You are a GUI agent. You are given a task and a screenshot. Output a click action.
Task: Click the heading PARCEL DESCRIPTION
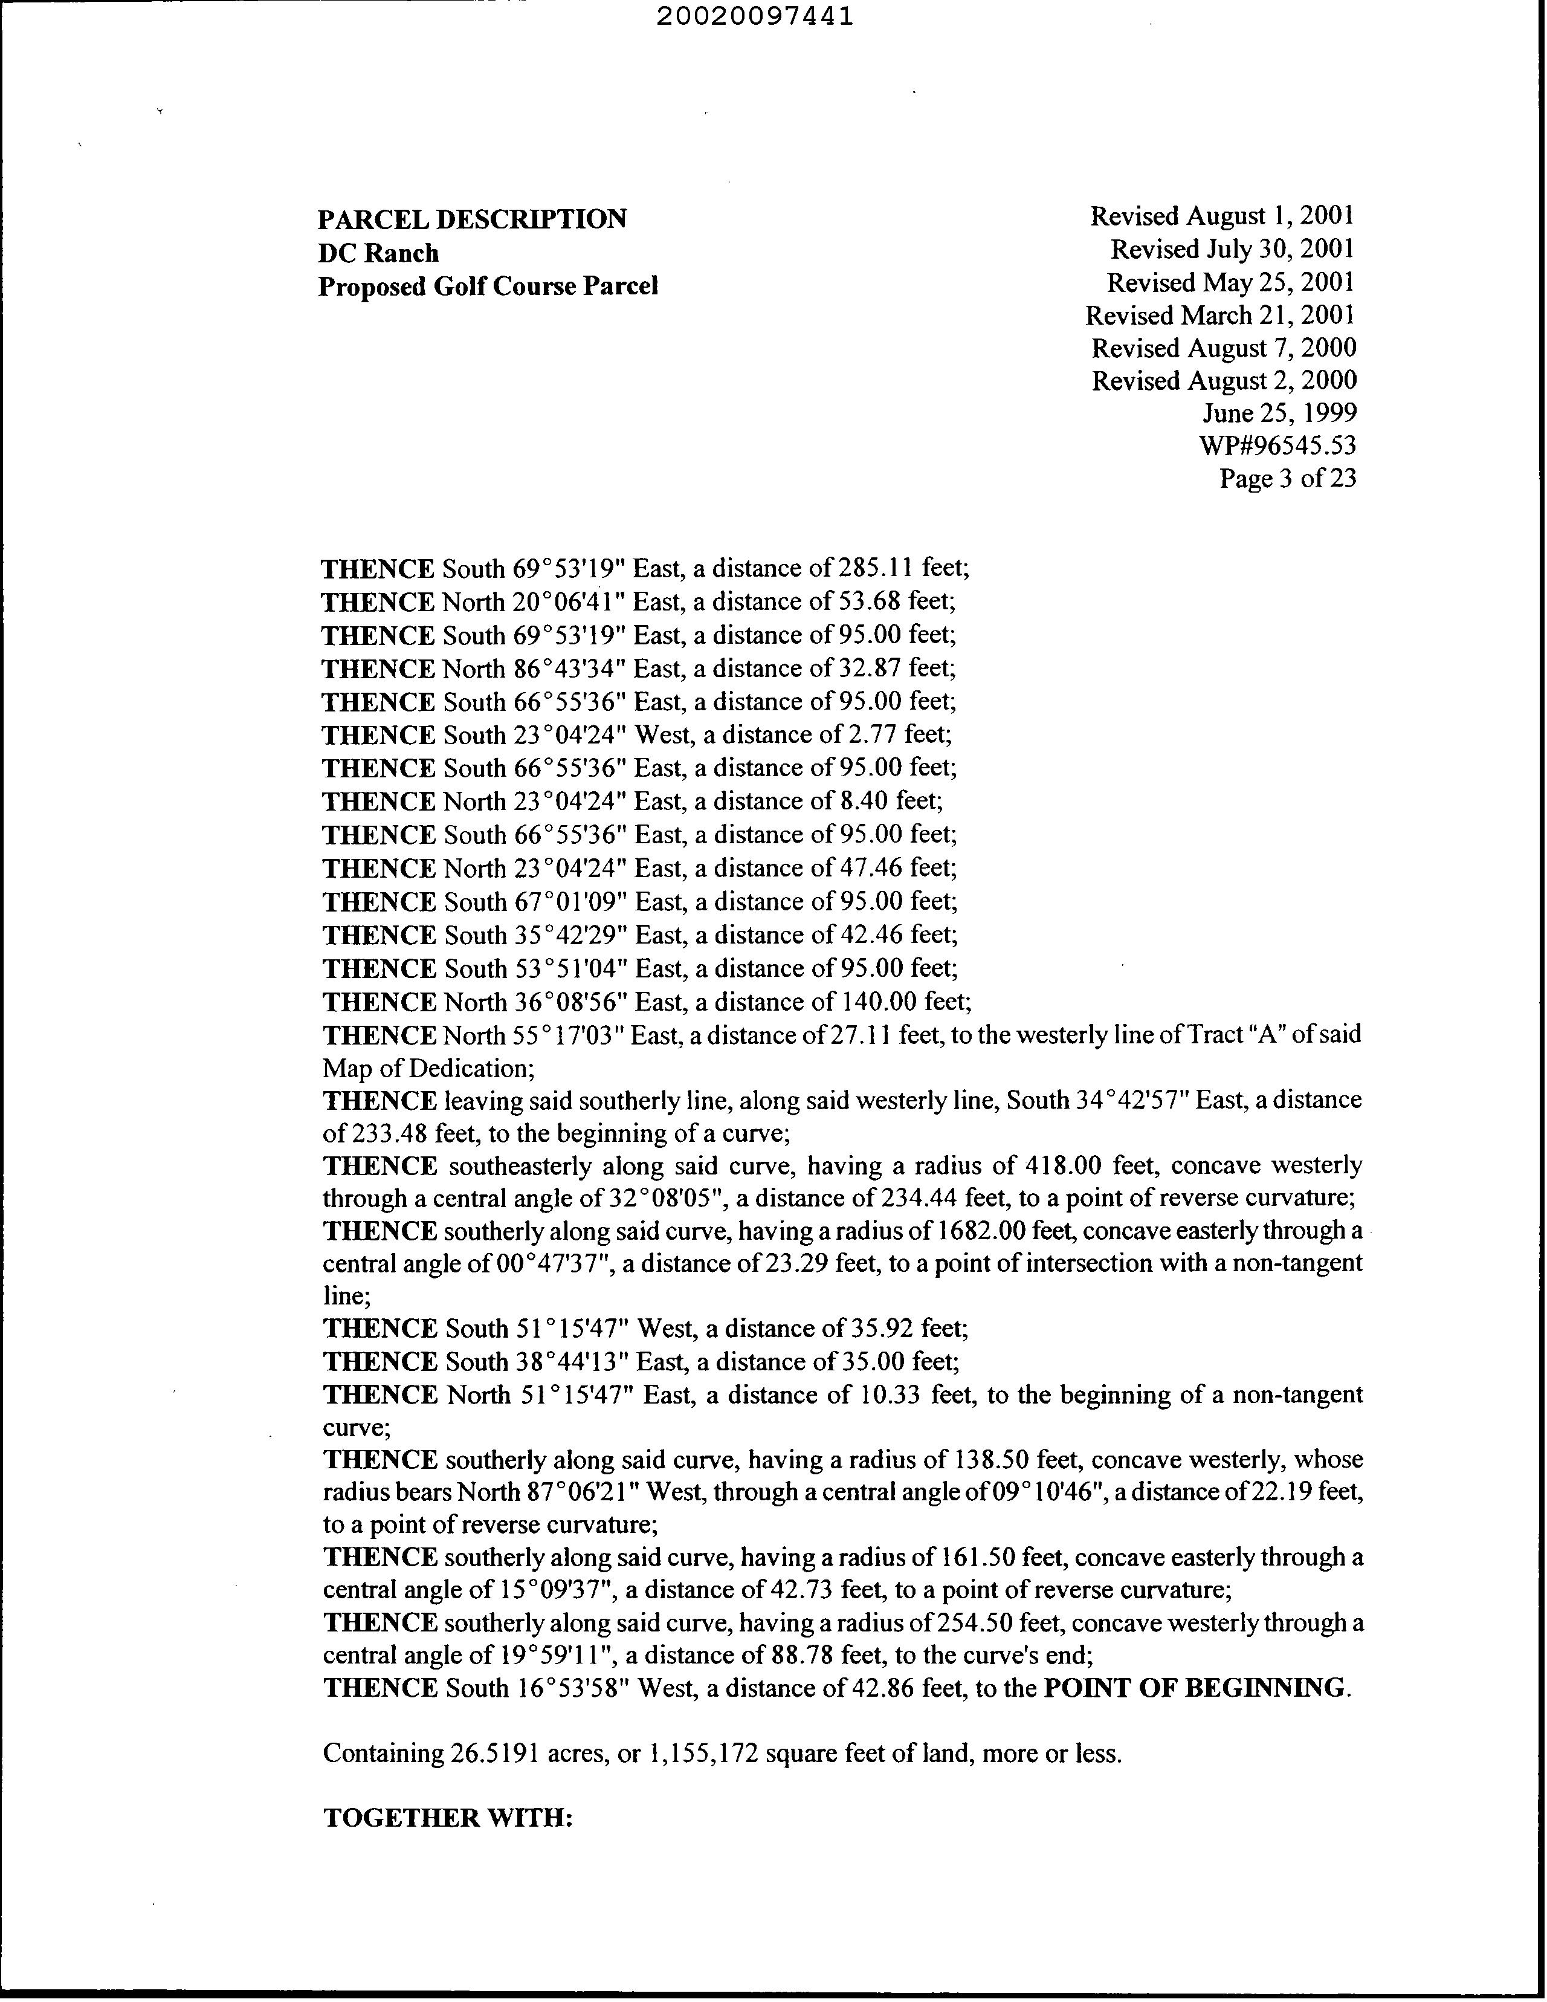point(472,219)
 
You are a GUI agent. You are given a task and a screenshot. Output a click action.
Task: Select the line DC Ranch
point(378,253)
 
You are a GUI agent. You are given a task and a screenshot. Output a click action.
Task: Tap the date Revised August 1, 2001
point(1222,216)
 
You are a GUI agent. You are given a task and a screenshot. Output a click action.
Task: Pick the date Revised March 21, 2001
point(1220,316)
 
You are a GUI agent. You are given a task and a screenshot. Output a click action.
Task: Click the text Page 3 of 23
point(1287,479)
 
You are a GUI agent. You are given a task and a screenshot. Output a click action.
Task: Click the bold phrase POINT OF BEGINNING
point(1195,1688)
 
